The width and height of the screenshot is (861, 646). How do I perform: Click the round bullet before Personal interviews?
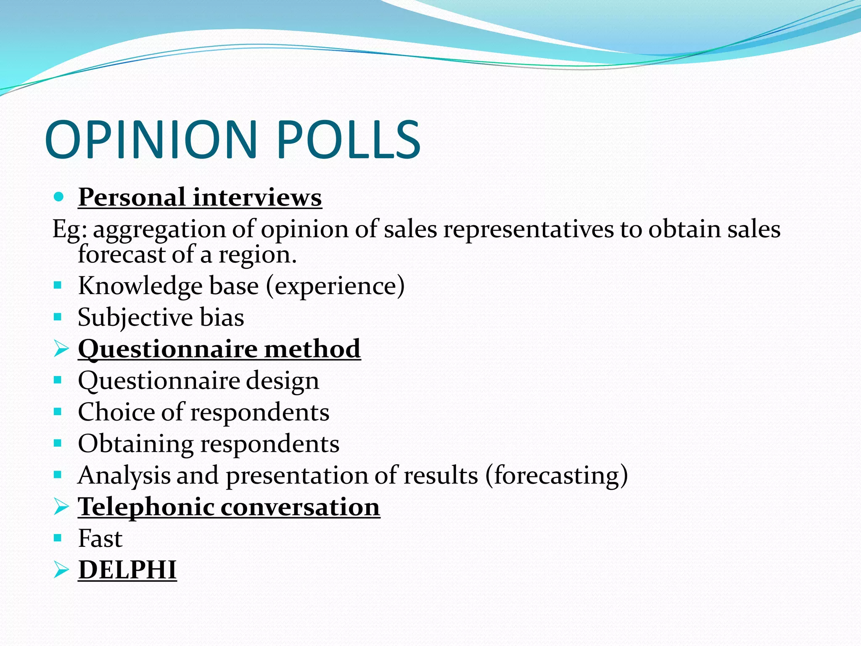pos(58,196)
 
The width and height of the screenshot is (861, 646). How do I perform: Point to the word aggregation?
pos(159,230)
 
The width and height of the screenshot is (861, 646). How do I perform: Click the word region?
pos(257,255)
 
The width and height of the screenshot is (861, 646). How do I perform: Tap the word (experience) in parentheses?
pos(335,286)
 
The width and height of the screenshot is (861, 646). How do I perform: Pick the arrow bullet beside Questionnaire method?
pos(61,349)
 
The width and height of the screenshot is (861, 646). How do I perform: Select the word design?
pos(282,381)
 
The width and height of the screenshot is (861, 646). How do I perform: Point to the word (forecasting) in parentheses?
pos(557,476)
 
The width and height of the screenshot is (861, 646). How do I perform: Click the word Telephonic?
pos(146,506)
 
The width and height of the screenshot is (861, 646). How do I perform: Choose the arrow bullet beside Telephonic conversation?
pos(61,507)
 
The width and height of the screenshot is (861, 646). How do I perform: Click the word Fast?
pos(100,538)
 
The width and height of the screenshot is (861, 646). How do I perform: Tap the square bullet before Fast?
pos(58,538)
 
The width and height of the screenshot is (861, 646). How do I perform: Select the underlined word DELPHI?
pos(127,570)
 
